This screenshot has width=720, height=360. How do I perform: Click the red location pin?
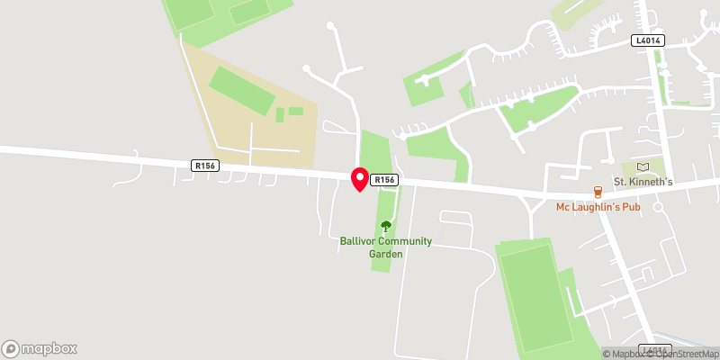(x=359, y=179)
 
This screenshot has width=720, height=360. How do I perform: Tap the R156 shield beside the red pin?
(x=384, y=180)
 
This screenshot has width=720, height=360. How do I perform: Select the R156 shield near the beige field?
(x=204, y=165)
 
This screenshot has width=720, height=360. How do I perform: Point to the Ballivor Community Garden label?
(x=386, y=247)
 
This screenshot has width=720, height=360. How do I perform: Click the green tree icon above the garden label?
(x=386, y=226)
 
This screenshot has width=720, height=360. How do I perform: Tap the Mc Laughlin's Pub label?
(x=597, y=208)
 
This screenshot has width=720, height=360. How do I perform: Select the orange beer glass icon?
(x=597, y=192)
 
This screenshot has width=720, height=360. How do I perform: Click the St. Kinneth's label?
(x=643, y=182)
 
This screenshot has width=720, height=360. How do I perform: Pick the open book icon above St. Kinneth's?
(x=643, y=166)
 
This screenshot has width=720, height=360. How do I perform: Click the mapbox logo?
(x=40, y=348)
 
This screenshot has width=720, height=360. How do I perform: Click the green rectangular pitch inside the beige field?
(x=242, y=91)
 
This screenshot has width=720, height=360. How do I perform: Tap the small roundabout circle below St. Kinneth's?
(x=658, y=207)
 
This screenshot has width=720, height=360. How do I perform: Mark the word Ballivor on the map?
(x=356, y=241)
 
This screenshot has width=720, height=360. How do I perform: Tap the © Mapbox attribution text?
(x=625, y=354)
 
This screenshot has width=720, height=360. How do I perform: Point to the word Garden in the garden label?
(x=386, y=254)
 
